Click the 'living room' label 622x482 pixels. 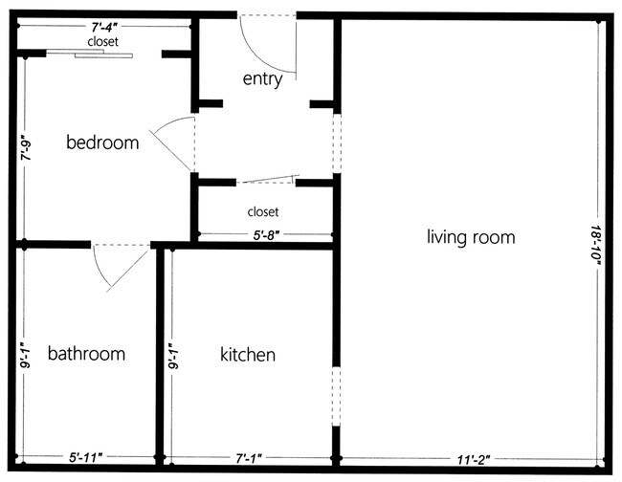pyautogui.click(x=471, y=237)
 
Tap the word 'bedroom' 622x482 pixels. pyautogui.click(x=102, y=142)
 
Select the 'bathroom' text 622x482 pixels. pyautogui.click(x=86, y=354)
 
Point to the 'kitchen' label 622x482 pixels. pyautogui.click(x=248, y=355)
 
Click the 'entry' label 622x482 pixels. pyautogui.click(x=262, y=79)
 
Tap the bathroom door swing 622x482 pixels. pyautogui.click(x=121, y=264)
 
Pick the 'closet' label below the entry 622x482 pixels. pyautogui.click(x=263, y=210)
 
